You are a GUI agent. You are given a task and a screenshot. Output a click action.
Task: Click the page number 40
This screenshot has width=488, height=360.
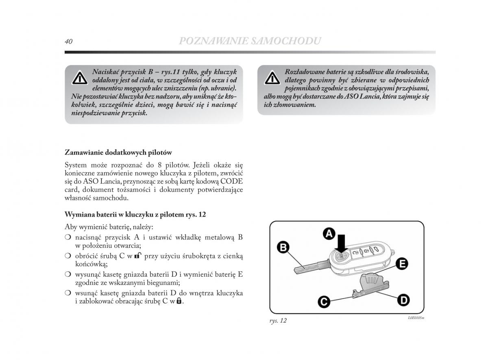tap(68, 41)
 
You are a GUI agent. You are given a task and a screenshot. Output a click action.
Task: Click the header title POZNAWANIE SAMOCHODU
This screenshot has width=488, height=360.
tap(250, 41)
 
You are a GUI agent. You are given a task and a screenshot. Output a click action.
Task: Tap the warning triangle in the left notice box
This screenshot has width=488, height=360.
tap(80, 78)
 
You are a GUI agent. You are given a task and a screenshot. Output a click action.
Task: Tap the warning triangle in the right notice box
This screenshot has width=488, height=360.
tap(272, 78)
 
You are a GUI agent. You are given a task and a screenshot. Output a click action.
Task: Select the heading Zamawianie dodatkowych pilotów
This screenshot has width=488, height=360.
tap(118, 153)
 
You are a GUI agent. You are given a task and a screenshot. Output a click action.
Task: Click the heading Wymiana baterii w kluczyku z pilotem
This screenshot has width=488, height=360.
tap(135, 214)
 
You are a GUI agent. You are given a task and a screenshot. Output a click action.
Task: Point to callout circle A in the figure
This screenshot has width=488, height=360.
tap(329, 234)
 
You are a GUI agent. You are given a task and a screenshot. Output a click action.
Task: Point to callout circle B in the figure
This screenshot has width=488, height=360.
tap(283, 247)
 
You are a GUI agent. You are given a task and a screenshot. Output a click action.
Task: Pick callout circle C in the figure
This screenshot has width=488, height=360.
tap(324, 301)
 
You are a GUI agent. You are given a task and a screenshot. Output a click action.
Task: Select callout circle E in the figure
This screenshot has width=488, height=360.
tap(402, 264)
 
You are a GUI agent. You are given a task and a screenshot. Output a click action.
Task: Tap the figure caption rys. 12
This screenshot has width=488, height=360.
tap(278, 321)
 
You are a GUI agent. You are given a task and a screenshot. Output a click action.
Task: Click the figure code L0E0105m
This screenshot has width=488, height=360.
tap(416, 318)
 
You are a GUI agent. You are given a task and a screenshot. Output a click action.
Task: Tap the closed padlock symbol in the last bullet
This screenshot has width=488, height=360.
tap(179, 301)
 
